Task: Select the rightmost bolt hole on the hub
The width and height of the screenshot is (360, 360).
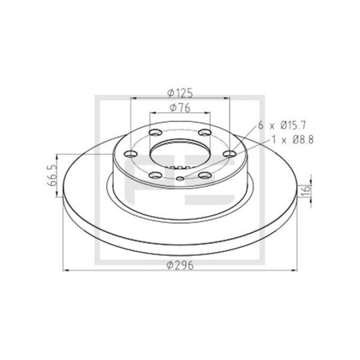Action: (x=230, y=155)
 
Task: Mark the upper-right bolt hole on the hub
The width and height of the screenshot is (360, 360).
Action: (x=204, y=133)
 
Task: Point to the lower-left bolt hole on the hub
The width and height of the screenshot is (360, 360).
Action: (x=156, y=176)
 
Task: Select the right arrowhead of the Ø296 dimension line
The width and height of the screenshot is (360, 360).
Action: (x=295, y=270)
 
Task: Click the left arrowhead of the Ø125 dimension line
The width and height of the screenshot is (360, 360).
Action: (x=133, y=98)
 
